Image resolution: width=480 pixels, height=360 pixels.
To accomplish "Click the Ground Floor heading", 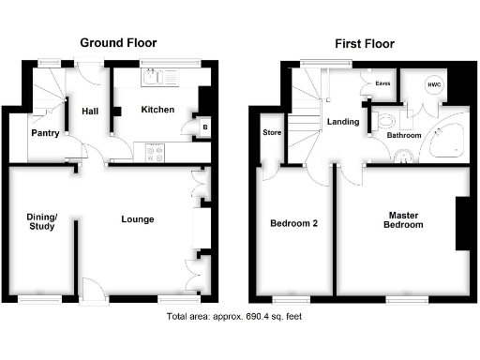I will (x=118, y=43).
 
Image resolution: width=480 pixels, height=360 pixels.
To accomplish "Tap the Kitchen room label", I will (x=157, y=111).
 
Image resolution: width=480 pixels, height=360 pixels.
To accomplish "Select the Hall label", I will (x=90, y=111).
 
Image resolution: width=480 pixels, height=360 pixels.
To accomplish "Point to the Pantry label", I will (x=45, y=133).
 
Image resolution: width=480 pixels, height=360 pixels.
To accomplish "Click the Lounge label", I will (x=138, y=219).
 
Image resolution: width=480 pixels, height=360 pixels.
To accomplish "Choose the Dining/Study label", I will (x=42, y=221).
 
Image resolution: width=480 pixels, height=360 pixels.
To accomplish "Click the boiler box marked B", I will (x=204, y=127).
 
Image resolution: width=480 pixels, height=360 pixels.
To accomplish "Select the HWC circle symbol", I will (x=433, y=85).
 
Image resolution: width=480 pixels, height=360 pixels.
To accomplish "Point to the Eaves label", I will (x=382, y=83).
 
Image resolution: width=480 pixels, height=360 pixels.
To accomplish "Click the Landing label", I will (x=344, y=122).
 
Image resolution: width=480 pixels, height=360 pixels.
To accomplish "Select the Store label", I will (x=272, y=132).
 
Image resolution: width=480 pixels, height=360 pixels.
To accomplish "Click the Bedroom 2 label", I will (x=293, y=223).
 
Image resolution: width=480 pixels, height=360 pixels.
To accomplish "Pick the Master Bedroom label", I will (x=405, y=219).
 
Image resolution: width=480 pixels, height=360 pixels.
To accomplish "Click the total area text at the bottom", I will (x=234, y=317).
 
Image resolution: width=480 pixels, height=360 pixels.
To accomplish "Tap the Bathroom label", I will (x=405, y=136).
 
